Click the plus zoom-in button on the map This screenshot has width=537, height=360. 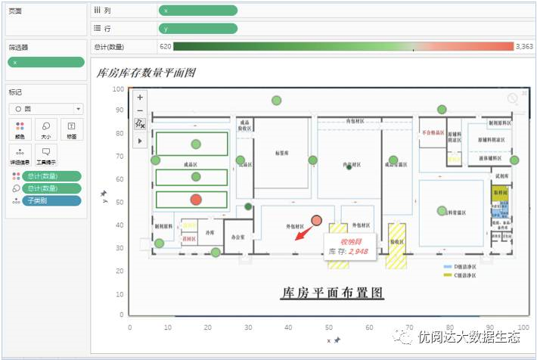pos(140,97)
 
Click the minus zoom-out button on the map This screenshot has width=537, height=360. pos(140,110)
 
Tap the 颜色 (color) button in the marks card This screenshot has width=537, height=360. pos(20,129)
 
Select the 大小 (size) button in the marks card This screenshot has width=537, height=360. pos(45,129)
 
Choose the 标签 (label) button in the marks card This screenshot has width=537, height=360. pos(71,129)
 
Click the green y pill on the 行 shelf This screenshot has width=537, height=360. pos(198,29)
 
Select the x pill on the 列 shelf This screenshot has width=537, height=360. pos(198,11)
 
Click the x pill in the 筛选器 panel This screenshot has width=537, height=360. pos(45,62)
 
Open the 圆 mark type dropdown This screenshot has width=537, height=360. pos(45,108)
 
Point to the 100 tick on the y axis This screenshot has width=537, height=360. pos(118,88)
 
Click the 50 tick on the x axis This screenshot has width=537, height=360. pos(327,327)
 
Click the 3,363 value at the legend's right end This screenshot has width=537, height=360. pos(524,47)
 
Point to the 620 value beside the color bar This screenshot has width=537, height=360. pos(165,47)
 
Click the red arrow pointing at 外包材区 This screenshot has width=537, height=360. pos(303,232)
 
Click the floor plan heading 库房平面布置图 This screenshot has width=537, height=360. pos(332,292)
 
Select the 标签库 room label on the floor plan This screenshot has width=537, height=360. pos(281,152)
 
